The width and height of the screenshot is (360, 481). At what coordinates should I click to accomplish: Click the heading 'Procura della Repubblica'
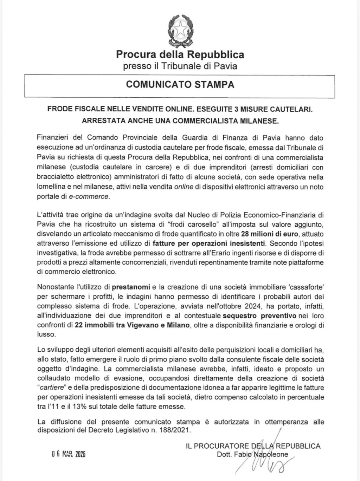180,55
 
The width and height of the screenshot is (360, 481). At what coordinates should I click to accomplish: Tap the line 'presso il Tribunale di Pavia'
180,66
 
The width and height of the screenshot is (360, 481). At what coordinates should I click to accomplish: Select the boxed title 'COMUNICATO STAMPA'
180,85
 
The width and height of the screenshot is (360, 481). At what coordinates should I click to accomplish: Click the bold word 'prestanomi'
132,287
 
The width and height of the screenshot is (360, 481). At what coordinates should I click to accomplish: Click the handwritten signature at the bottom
267,460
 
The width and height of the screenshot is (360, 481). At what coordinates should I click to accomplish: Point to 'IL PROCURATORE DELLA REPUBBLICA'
253,446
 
